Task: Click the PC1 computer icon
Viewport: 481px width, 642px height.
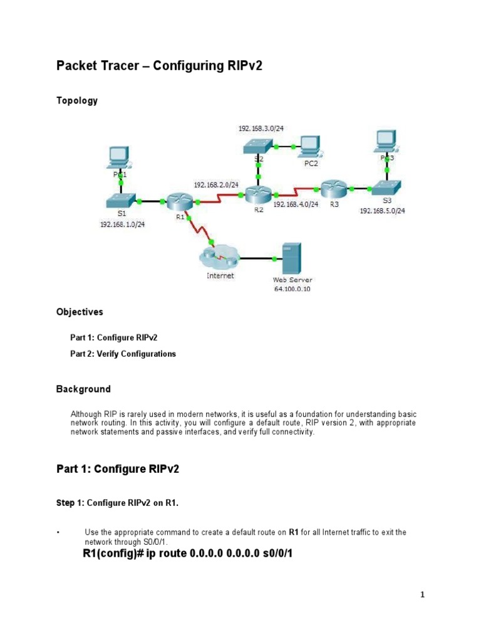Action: click(x=119, y=157)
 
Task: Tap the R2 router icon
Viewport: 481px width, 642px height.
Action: click(x=257, y=194)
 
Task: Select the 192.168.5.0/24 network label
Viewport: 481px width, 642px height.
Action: click(x=382, y=211)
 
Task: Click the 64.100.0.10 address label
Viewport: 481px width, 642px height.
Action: click(x=292, y=289)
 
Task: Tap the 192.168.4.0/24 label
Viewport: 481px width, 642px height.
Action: click(x=296, y=204)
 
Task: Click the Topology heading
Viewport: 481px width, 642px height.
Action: click(x=77, y=100)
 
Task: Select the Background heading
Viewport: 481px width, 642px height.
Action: click(x=83, y=389)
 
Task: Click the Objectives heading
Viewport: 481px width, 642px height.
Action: click(x=80, y=312)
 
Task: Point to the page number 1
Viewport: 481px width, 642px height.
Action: click(x=423, y=596)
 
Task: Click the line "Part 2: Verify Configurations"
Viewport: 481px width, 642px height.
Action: click(x=123, y=354)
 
